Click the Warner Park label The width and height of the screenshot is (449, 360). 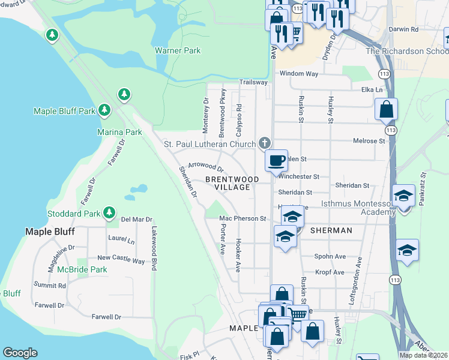pos(178,51)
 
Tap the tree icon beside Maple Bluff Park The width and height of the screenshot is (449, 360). pos(105,110)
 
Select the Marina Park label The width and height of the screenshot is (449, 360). pos(119,132)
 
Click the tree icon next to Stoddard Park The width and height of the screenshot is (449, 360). pos(109,212)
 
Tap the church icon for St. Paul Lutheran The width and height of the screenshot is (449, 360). pos(264,143)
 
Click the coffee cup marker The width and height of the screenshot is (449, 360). pos(276,161)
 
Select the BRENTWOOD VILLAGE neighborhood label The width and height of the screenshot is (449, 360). pos(232,184)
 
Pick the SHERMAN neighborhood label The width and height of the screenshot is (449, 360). pos(331,230)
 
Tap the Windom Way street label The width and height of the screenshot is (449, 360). pos(299,74)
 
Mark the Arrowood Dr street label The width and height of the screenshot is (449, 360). pos(205,166)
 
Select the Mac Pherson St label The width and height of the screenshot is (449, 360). pos(243,219)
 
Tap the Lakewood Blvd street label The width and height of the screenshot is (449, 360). pos(154,248)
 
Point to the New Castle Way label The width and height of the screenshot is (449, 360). pos(121,260)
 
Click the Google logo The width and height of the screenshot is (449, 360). pos(20,353)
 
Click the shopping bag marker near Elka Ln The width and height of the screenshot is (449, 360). pos(386,110)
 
